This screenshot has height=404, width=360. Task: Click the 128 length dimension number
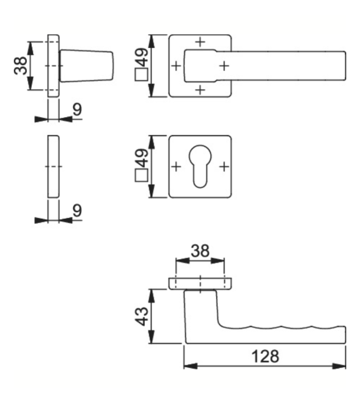click(x=265, y=356)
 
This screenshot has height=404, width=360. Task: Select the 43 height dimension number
click(x=142, y=317)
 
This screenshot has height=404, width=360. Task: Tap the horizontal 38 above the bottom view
click(x=200, y=251)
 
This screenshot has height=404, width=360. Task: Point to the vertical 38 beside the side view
click(x=20, y=66)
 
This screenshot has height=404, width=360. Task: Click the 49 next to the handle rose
click(x=142, y=57)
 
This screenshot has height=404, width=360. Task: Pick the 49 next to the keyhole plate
click(x=142, y=158)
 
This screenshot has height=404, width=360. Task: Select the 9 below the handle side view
click(x=77, y=109)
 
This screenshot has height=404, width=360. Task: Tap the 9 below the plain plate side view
click(x=77, y=210)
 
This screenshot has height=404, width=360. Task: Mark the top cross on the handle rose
click(x=200, y=42)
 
